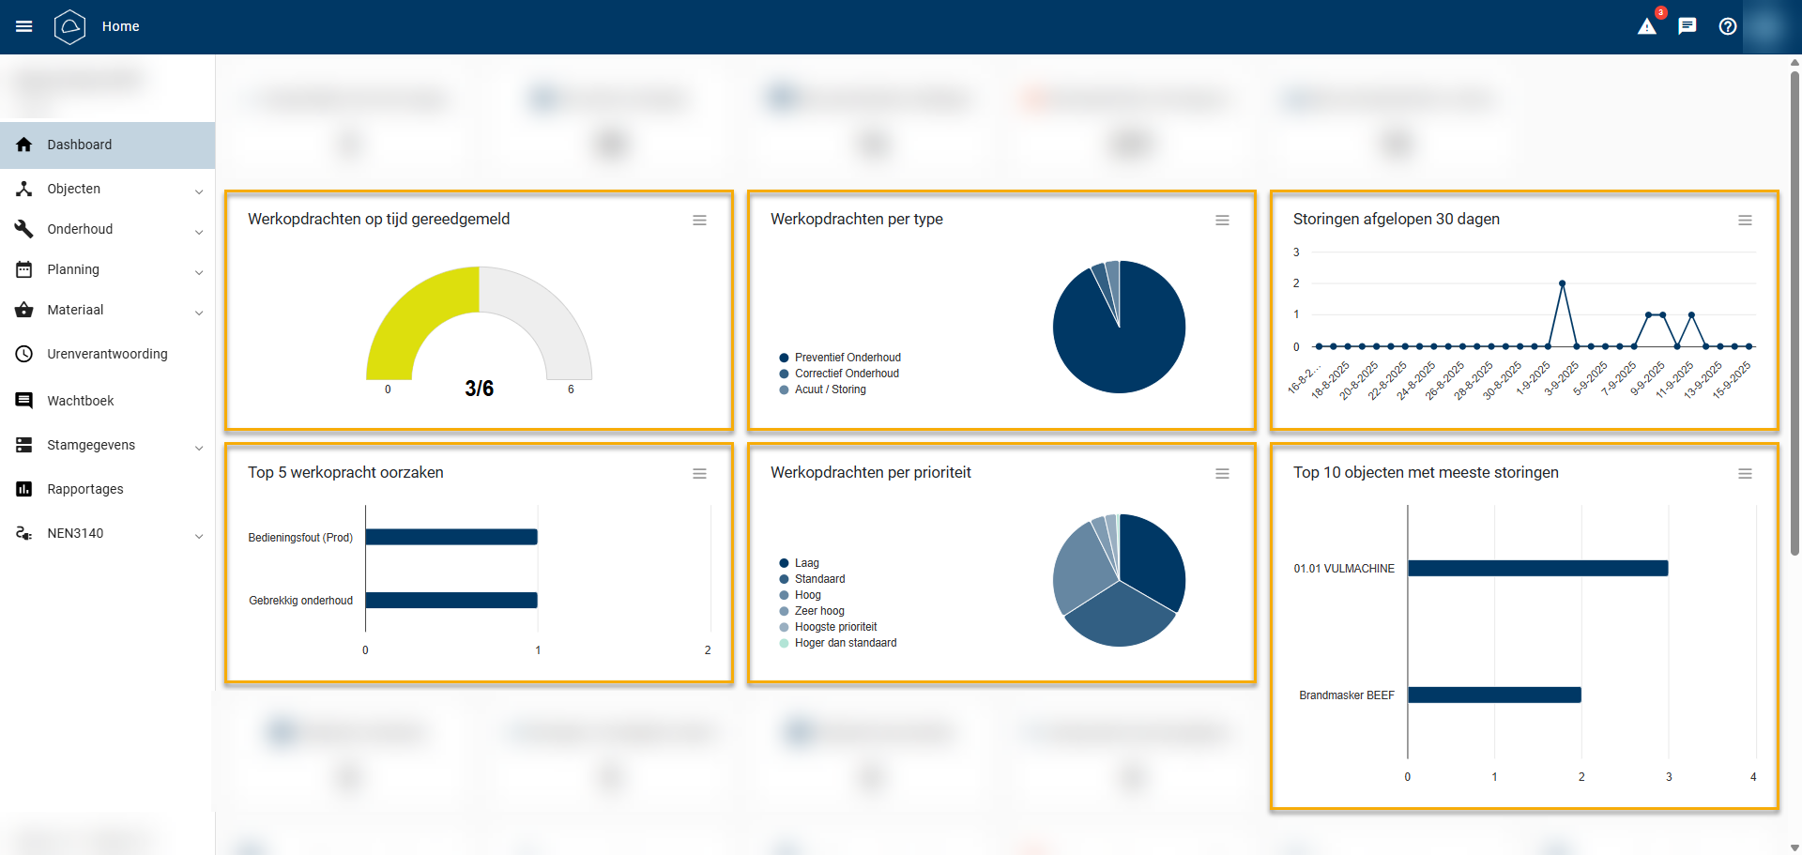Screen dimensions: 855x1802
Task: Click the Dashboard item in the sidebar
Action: point(80,145)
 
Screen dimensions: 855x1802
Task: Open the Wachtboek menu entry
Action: point(81,401)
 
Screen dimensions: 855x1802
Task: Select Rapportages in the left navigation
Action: point(85,489)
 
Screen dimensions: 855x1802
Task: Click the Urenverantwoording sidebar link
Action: point(107,354)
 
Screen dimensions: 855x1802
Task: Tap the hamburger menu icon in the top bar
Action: point(24,26)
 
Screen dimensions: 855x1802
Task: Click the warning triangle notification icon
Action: point(1647,26)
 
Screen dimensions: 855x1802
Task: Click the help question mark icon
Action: point(1728,26)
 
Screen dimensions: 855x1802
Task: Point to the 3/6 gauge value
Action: point(479,389)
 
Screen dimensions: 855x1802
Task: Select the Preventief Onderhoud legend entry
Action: point(848,358)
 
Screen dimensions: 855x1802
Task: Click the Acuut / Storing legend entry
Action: point(830,389)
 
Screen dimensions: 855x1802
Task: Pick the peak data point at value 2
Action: point(1562,282)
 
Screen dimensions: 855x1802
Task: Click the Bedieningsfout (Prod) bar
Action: point(451,537)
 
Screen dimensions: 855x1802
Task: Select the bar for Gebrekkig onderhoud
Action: point(451,600)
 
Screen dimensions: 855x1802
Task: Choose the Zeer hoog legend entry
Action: point(818,611)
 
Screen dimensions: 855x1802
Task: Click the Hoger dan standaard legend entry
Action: point(845,643)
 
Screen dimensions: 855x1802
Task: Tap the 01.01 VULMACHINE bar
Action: point(1537,568)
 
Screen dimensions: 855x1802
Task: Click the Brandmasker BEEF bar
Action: point(1494,695)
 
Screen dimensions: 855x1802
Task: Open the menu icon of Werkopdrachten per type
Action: point(1222,221)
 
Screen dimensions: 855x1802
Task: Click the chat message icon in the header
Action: point(1687,26)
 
